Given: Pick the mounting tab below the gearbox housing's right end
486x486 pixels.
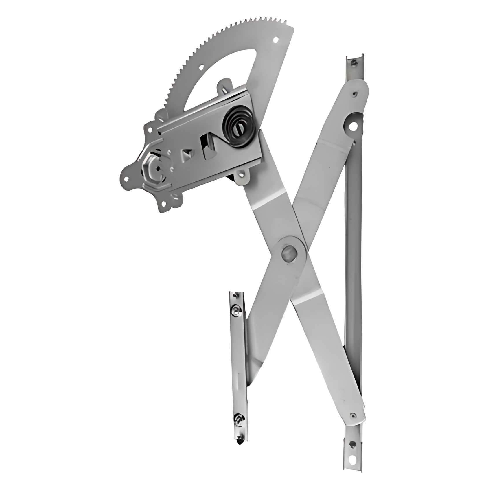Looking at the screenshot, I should tap(242, 176).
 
